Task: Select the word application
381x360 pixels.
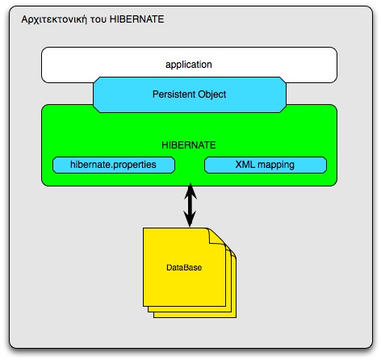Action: pos(190,62)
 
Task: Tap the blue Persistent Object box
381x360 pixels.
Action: pos(190,94)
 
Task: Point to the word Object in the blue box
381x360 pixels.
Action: pos(211,94)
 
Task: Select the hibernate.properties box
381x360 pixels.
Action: pos(115,165)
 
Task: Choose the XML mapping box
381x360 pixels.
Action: pos(266,165)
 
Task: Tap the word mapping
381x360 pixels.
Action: pos(276,165)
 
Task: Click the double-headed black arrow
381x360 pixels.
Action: pos(190,206)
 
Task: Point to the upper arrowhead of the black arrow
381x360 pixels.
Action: pos(190,191)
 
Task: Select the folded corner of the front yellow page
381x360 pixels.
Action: pos(215,235)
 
